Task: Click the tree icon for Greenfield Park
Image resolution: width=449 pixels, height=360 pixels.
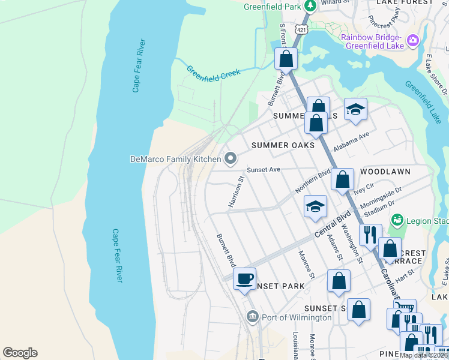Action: point(310,7)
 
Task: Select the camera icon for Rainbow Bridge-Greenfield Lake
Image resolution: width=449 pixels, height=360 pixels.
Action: point(412,41)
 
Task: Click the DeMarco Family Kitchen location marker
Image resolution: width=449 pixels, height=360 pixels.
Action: point(231,159)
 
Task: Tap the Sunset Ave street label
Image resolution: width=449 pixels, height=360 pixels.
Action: point(264,170)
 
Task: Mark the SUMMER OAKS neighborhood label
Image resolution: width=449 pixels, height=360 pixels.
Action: point(283,145)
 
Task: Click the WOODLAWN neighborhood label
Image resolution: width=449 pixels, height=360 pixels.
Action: point(385,172)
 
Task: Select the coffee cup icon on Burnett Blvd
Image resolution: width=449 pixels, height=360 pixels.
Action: point(244,279)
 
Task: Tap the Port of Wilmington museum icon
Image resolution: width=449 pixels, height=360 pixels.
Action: point(252,316)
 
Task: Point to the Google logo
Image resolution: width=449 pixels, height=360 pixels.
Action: point(20,353)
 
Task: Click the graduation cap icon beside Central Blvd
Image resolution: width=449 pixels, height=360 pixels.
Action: point(315,207)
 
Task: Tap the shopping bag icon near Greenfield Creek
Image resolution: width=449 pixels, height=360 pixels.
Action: point(286,59)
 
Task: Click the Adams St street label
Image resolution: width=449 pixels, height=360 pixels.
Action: point(335,247)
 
